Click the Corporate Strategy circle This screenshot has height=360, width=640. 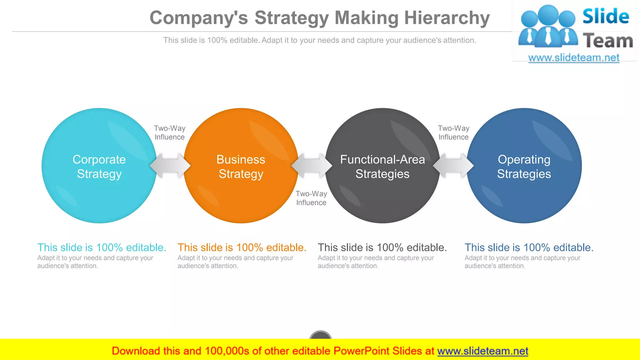coord(99,166)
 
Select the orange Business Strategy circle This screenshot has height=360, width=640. coord(241,166)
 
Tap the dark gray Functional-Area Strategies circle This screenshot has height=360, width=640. coord(382,166)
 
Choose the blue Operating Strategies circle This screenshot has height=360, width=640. coord(524,166)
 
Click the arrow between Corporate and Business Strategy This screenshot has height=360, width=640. coord(170,166)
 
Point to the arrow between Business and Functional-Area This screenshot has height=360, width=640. coord(312,166)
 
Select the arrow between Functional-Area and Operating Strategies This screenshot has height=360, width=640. coord(453,166)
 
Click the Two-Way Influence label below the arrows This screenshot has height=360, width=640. coord(311,198)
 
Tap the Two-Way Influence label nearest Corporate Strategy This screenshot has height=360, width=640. coord(170,132)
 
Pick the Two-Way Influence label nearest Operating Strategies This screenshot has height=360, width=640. coord(453,132)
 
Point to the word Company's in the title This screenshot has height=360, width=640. coord(199,18)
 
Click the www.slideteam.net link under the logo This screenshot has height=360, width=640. coord(574,57)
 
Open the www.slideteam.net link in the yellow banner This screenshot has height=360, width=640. coord(482,351)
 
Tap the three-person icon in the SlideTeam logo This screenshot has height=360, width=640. coord(547,27)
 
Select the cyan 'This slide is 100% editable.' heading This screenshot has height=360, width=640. coord(102,247)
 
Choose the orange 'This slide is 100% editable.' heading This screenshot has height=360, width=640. coord(242,247)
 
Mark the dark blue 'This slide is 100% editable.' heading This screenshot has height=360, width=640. coord(529,247)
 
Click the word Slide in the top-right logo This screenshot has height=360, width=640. coord(606,16)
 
